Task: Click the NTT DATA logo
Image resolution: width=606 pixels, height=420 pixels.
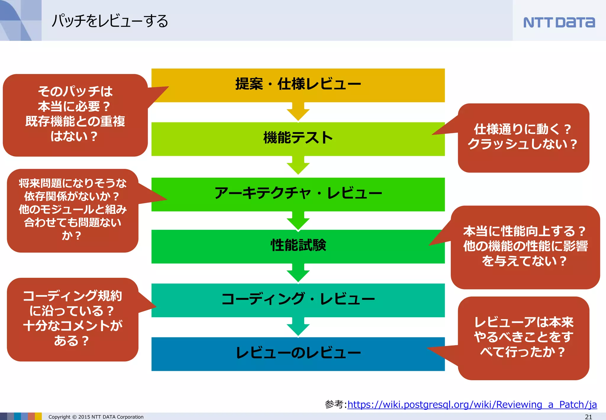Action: tap(559, 23)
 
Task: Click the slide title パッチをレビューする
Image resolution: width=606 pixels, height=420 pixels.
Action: tap(110, 21)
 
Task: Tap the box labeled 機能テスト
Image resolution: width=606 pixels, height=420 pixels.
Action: tap(298, 138)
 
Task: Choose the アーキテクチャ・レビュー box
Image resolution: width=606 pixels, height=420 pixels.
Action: tap(298, 194)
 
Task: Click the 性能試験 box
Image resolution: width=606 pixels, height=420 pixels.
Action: tap(298, 246)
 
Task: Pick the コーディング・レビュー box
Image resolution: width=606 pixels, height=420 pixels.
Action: tap(298, 299)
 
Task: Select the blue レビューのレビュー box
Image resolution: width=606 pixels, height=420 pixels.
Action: tap(298, 353)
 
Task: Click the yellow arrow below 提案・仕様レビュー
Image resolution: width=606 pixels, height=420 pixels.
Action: tap(298, 112)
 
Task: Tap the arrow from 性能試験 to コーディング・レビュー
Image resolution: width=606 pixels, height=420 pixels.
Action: tap(298, 273)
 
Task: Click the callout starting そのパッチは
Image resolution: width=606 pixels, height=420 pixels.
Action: tap(75, 114)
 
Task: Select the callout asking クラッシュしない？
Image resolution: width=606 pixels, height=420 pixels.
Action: tap(523, 137)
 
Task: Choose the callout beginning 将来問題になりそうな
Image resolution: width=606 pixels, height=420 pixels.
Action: tap(72, 210)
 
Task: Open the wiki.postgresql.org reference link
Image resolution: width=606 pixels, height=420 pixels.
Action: tap(472, 404)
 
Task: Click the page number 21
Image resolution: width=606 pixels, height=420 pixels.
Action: tap(588, 416)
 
